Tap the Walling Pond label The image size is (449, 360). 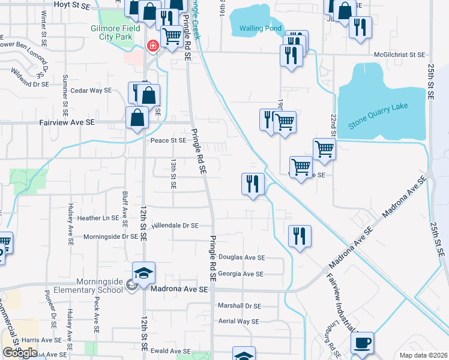(x=260, y=28)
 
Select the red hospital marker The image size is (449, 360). (x=152, y=46)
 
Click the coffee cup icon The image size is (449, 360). (x=362, y=343)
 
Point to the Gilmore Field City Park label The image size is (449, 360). (x=115, y=32)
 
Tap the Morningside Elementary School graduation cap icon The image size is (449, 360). (x=144, y=274)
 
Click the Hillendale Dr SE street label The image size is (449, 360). (x=175, y=226)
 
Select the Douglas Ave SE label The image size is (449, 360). (x=241, y=257)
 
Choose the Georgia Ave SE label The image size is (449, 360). (x=241, y=274)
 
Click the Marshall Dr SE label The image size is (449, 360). (x=240, y=305)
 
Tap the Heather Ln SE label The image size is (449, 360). (x=98, y=218)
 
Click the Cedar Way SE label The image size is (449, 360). (x=91, y=91)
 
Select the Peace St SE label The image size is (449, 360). (x=169, y=140)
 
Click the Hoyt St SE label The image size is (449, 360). (x=71, y=4)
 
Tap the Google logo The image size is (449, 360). (x=19, y=353)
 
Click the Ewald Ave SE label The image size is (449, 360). (x=170, y=351)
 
